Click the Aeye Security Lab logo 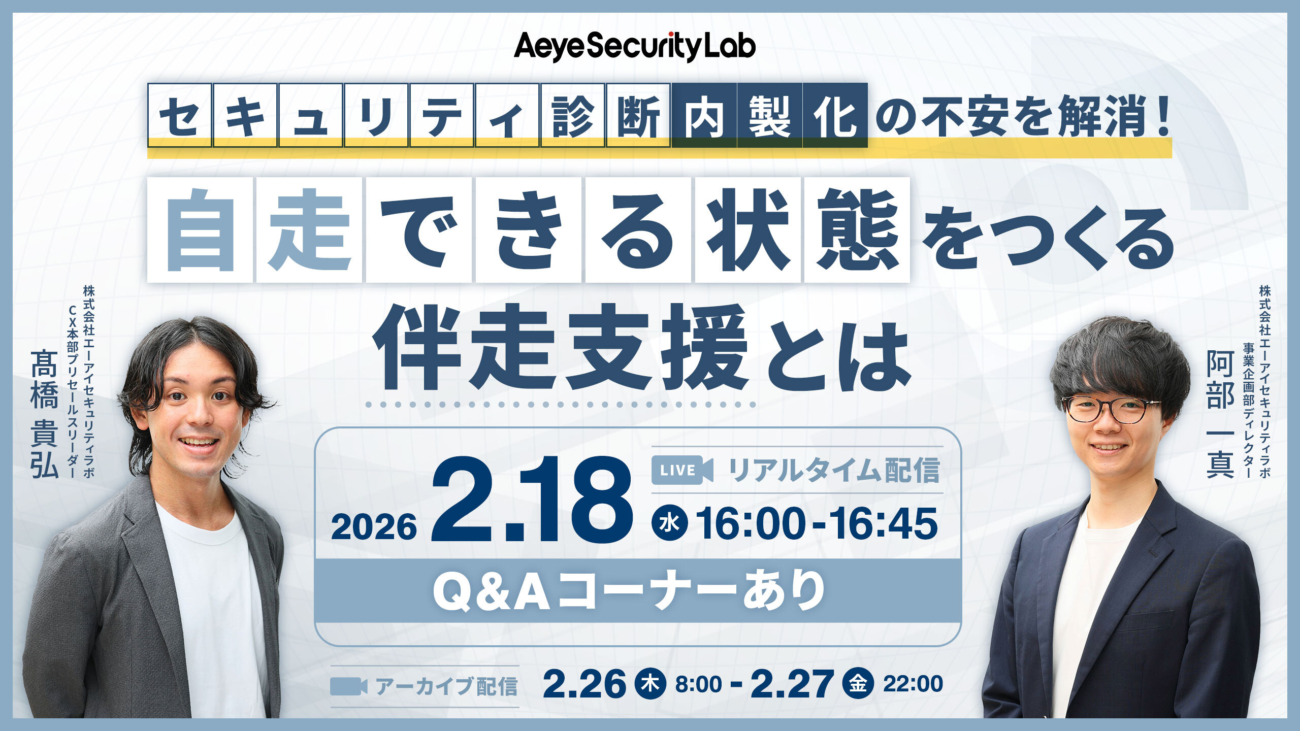tap(635, 47)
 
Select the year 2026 tap(374, 526)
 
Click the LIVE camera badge tap(682, 470)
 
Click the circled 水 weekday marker tap(670, 523)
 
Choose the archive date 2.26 tap(584, 684)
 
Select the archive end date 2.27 tap(792, 684)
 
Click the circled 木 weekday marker tap(651, 684)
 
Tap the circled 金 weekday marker tap(858, 684)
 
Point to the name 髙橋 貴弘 tap(45, 414)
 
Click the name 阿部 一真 tap(1220, 414)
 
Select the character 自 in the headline tap(200, 230)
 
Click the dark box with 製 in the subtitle tap(769, 115)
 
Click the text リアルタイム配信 tap(834, 470)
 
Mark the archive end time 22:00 tap(913, 684)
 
